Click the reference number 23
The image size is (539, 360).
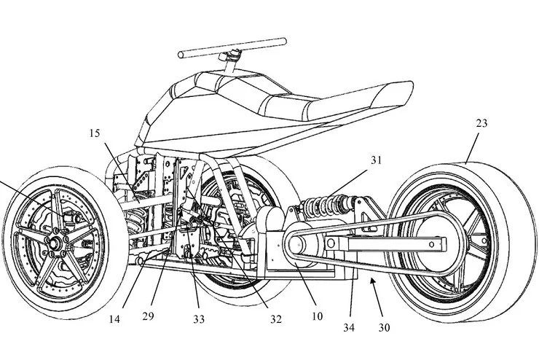click(481, 124)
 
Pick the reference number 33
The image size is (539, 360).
click(199, 318)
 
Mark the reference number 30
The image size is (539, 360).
click(384, 328)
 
